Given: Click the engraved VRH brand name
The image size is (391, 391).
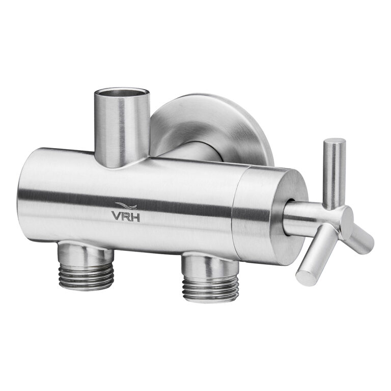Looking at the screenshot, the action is pyautogui.click(x=126, y=216).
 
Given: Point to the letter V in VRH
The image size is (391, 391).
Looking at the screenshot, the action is pyautogui.click(x=117, y=216).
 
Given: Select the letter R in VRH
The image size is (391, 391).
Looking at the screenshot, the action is pyautogui.click(x=126, y=216).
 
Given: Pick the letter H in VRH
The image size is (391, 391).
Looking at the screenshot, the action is pyautogui.click(x=135, y=216).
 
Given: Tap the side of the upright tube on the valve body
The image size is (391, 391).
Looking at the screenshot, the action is pyautogui.click(x=122, y=130).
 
